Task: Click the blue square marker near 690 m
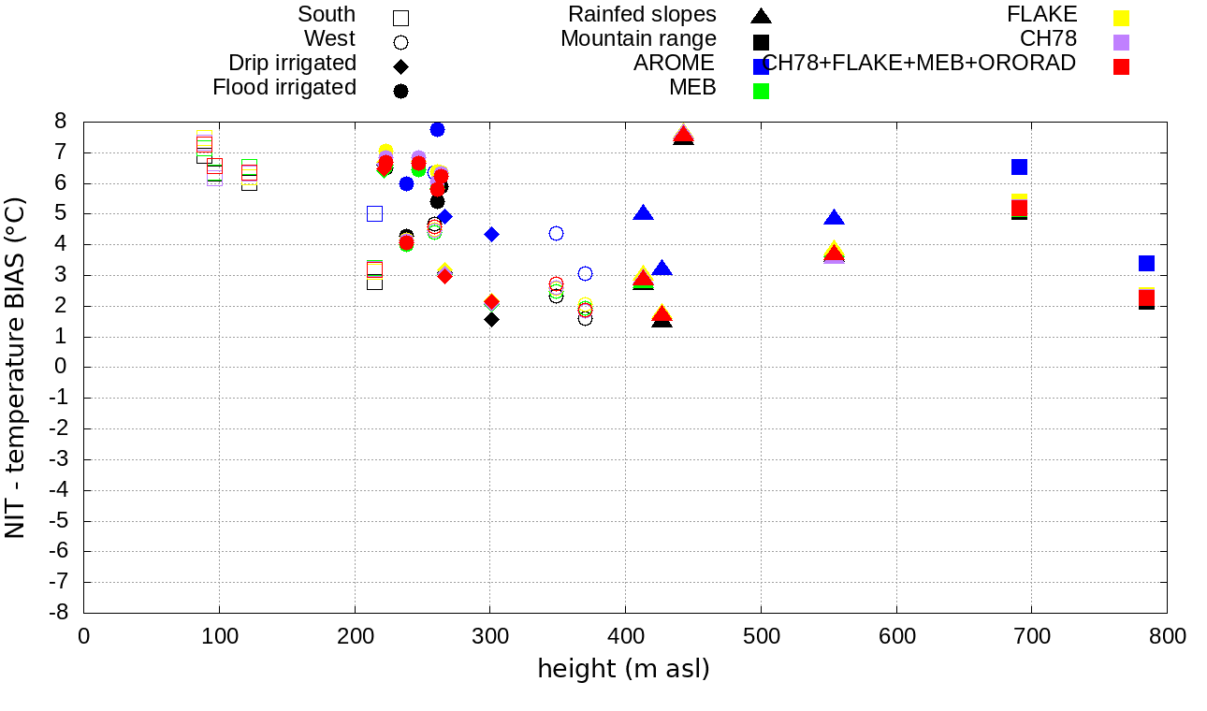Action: (1020, 167)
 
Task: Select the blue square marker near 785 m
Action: (1146, 263)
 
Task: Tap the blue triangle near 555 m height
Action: (834, 218)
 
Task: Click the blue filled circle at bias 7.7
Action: (437, 129)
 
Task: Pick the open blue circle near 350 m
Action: (556, 233)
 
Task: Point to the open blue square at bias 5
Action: (374, 213)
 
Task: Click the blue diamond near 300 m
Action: (491, 234)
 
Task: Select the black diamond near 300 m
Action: (491, 319)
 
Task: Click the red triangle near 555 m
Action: (834, 254)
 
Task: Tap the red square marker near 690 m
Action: (1020, 208)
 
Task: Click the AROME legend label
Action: (674, 63)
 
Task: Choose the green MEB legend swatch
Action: (761, 91)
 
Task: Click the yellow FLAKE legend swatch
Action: (1121, 18)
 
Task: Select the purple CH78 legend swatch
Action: (1121, 42)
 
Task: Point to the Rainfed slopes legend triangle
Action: (761, 16)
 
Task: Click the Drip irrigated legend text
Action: (292, 63)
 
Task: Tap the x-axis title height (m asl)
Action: (623, 669)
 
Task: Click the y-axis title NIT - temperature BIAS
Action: (16, 367)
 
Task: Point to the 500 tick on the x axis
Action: (761, 637)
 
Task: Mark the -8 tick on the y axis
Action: (59, 613)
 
